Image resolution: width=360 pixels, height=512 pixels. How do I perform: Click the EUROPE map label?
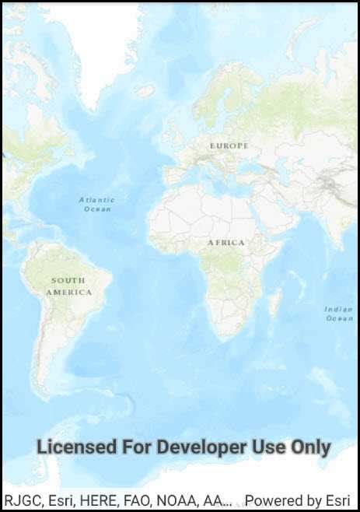[x=229, y=146]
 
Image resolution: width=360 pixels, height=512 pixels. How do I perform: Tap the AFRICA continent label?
[x=225, y=243]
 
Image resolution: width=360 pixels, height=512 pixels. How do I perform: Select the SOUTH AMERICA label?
[x=68, y=286]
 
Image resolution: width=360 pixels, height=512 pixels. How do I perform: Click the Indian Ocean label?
[x=338, y=314]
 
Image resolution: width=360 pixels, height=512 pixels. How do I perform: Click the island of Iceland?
[x=145, y=91]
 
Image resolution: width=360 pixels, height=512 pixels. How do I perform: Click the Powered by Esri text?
[x=297, y=500]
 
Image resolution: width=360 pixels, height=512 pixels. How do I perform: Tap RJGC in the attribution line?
[x=22, y=500]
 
